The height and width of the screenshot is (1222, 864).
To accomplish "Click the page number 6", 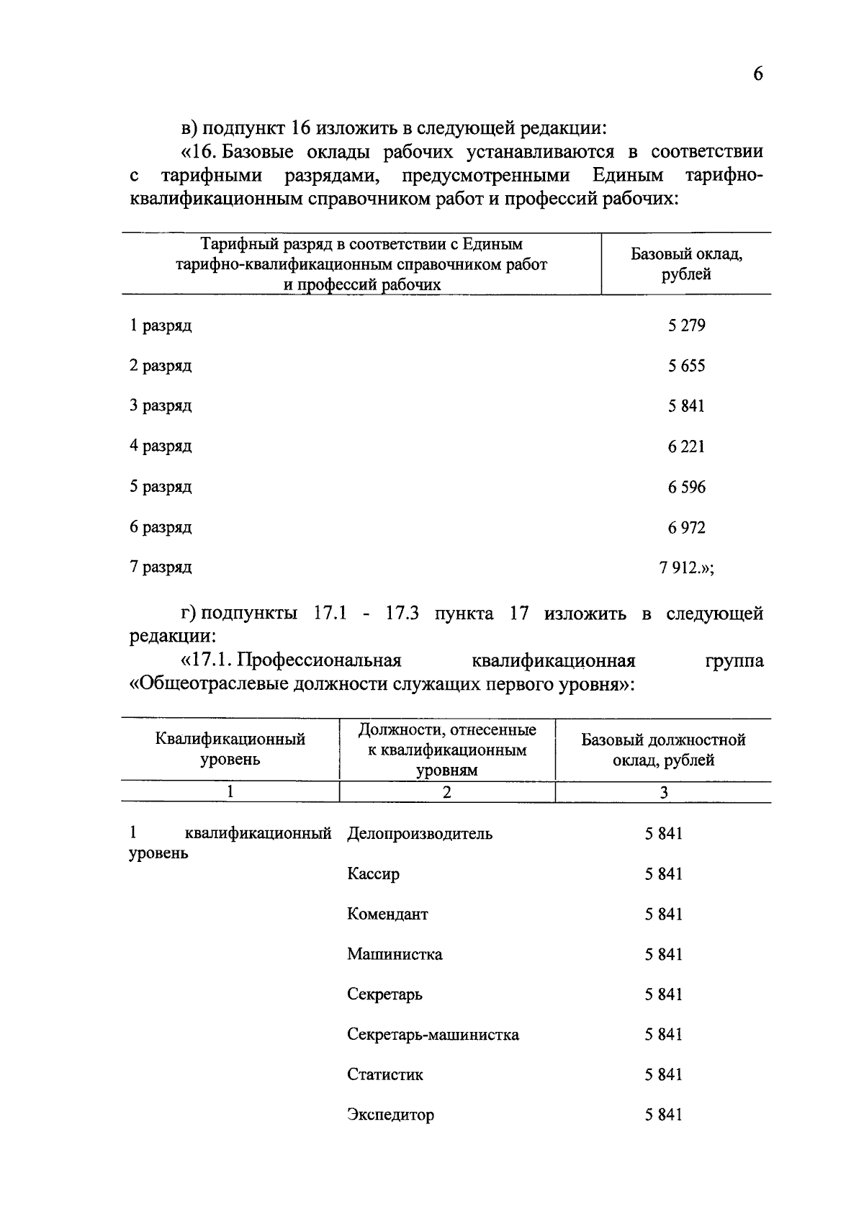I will pyautogui.click(x=757, y=74).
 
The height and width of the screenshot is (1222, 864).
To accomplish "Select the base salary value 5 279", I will pyautogui.click(x=686, y=325).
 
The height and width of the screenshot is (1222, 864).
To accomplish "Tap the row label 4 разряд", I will pyautogui.click(x=161, y=446).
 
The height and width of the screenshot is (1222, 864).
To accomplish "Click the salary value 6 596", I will pyautogui.click(x=686, y=488).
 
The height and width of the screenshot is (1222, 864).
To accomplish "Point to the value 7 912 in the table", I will pyautogui.click(x=680, y=567).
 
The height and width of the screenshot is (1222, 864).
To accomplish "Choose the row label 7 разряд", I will pyautogui.click(x=161, y=567).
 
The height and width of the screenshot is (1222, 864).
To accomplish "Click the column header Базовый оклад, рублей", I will pyautogui.click(x=686, y=264).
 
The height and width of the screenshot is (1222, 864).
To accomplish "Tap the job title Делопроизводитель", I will pyautogui.click(x=420, y=834).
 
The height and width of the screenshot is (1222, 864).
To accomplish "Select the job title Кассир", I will pyautogui.click(x=373, y=874).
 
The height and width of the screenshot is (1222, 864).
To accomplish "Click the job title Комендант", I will pyautogui.click(x=387, y=915).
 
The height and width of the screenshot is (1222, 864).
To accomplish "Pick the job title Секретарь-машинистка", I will pyautogui.click(x=433, y=1035).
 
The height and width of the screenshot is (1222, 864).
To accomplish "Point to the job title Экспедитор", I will pyautogui.click(x=390, y=1115).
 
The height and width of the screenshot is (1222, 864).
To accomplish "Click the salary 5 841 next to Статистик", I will pyautogui.click(x=663, y=1075).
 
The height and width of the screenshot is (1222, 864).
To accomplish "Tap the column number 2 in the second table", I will pyautogui.click(x=447, y=793).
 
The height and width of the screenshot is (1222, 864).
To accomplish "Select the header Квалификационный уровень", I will pyautogui.click(x=230, y=749).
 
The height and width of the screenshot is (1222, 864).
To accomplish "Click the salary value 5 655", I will pyautogui.click(x=686, y=366).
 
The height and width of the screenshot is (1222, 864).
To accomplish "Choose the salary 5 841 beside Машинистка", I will pyautogui.click(x=663, y=955).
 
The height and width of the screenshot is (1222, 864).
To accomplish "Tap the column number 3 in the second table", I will pyautogui.click(x=663, y=793).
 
